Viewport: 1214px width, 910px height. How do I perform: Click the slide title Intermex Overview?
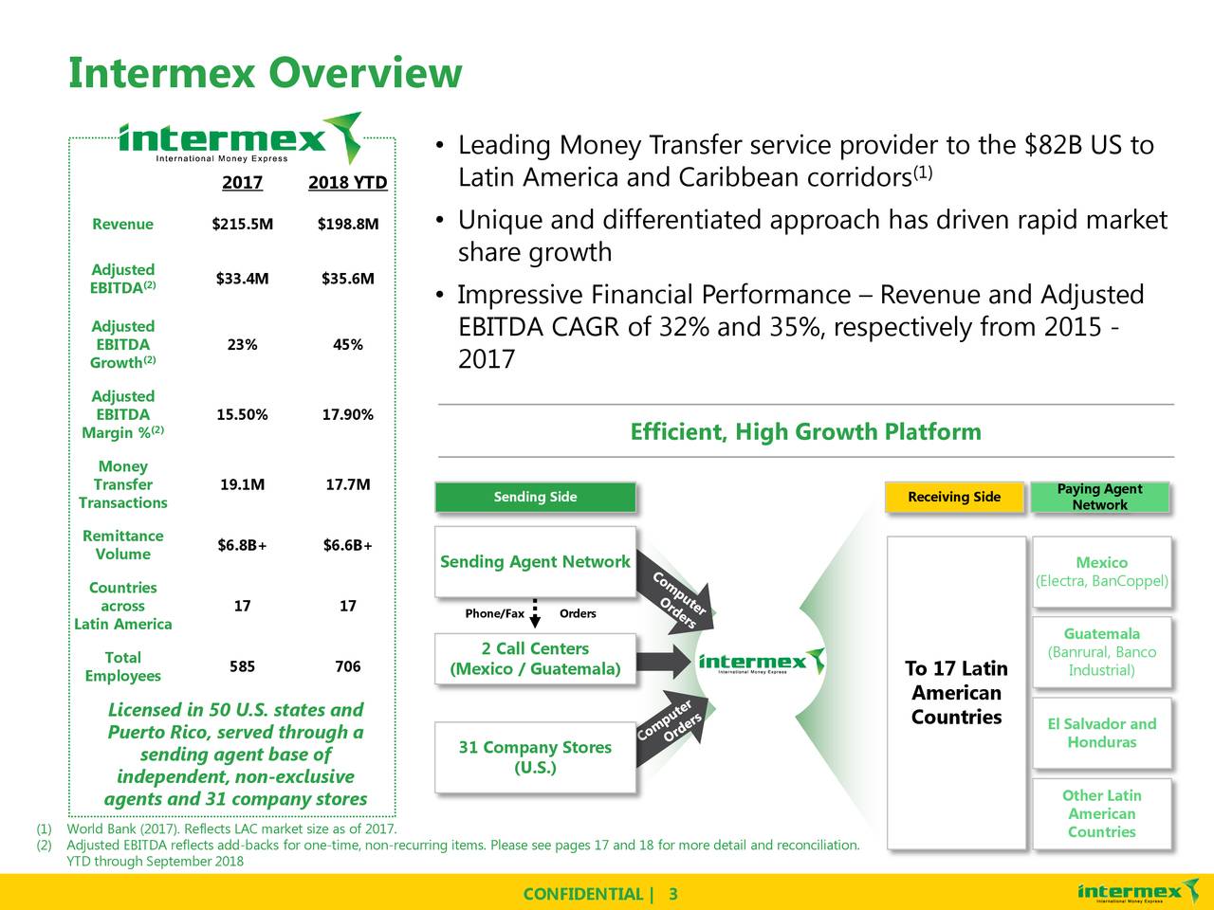[x=265, y=74]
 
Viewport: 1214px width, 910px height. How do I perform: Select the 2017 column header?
[x=242, y=182]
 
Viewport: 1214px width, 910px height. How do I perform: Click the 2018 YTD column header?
[x=348, y=182]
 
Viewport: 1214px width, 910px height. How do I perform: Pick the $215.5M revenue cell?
[x=242, y=225]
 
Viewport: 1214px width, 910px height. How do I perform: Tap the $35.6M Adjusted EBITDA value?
[x=348, y=279]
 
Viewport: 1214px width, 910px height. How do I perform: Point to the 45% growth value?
[x=348, y=345]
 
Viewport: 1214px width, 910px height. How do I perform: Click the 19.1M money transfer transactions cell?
[x=242, y=485]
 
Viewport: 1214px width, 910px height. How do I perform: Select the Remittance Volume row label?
[x=122, y=545]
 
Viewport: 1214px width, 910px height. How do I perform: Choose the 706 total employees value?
[x=348, y=666]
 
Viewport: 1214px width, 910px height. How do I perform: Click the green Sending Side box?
[x=535, y=497]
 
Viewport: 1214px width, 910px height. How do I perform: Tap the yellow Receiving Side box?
[x=954, y=497]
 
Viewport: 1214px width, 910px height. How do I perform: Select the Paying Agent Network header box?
[x=1100, y=497]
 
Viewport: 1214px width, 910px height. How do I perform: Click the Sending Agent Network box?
[x=535, y=562]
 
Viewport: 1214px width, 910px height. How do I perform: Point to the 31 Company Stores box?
[x=535, y=756]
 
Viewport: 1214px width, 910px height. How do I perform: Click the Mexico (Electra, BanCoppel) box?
[x=1101, y=572]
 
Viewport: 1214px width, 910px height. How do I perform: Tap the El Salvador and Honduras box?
[x=1101, y=733]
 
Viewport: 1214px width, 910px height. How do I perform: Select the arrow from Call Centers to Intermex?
[x=669, y=662]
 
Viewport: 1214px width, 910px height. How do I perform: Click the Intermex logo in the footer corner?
[x=1131, y=893]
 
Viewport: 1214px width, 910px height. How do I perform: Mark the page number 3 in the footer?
[x=672, y=895]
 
